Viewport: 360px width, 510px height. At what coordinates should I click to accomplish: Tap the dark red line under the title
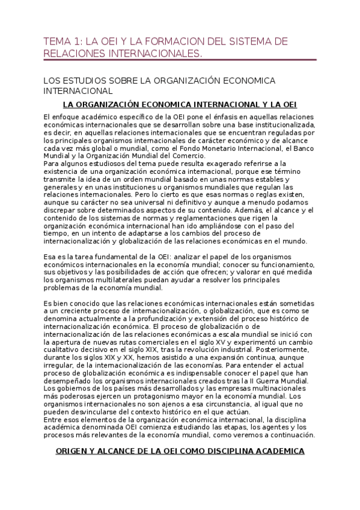tap(180, 60)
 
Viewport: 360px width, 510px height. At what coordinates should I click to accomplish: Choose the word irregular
tap(62, 366)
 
